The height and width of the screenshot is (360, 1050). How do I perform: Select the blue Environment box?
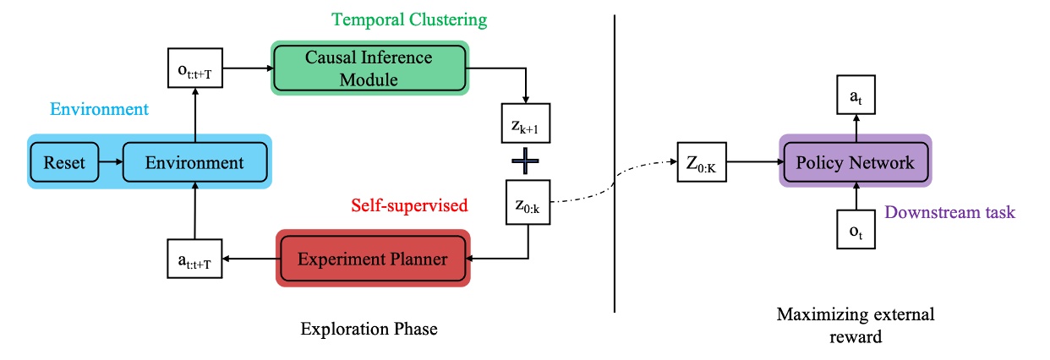pyautogui.click(x=195, y=161)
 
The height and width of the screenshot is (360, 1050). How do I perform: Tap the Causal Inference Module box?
pyautogui.click(x=369, y=68)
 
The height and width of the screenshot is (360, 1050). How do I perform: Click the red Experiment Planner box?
pyautogui.click(x=373, y=259)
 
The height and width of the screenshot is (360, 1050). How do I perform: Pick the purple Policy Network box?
pyautogui.click(x=855, y=161)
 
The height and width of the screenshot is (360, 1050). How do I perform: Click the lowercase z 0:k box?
pyautogui.click(x=526, y=201)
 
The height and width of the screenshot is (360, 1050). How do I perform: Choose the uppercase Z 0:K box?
pyautogui.click(x=701, y=161)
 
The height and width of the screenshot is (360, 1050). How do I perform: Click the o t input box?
pyautogui.click(x=856, y=228)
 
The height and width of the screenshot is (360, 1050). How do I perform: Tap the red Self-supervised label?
pyautogui.click(x=410, y=205)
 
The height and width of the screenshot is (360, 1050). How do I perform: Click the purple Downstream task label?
pyautogui.click(x=949, y=212)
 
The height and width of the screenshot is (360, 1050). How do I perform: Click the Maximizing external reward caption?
pyautogui.click(x=856, y=325)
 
